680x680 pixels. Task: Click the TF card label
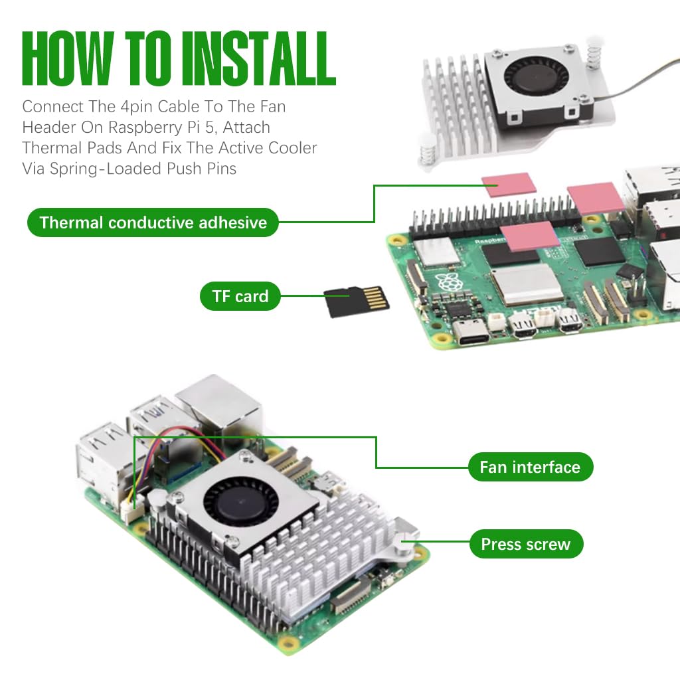(240, 296)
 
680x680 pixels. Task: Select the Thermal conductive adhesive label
(153, 222)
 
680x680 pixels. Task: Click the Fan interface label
(529, 467)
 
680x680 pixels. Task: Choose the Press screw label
(525, 545)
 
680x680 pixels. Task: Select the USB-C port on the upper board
(471, 332)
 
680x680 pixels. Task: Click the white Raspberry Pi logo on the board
(450, 281)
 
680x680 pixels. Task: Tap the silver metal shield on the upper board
(526, 284)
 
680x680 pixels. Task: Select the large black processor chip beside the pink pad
(599, 252)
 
